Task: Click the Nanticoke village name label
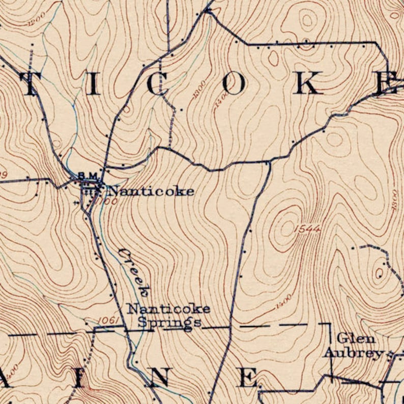[152, 191]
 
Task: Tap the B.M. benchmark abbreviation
[88, 176]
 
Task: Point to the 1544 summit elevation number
[307, 229]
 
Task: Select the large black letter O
[234, 84]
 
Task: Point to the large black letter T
[31, 84]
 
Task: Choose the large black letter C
[157, 84]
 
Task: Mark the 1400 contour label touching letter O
[220, 99]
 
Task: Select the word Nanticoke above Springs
[168, 309]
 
